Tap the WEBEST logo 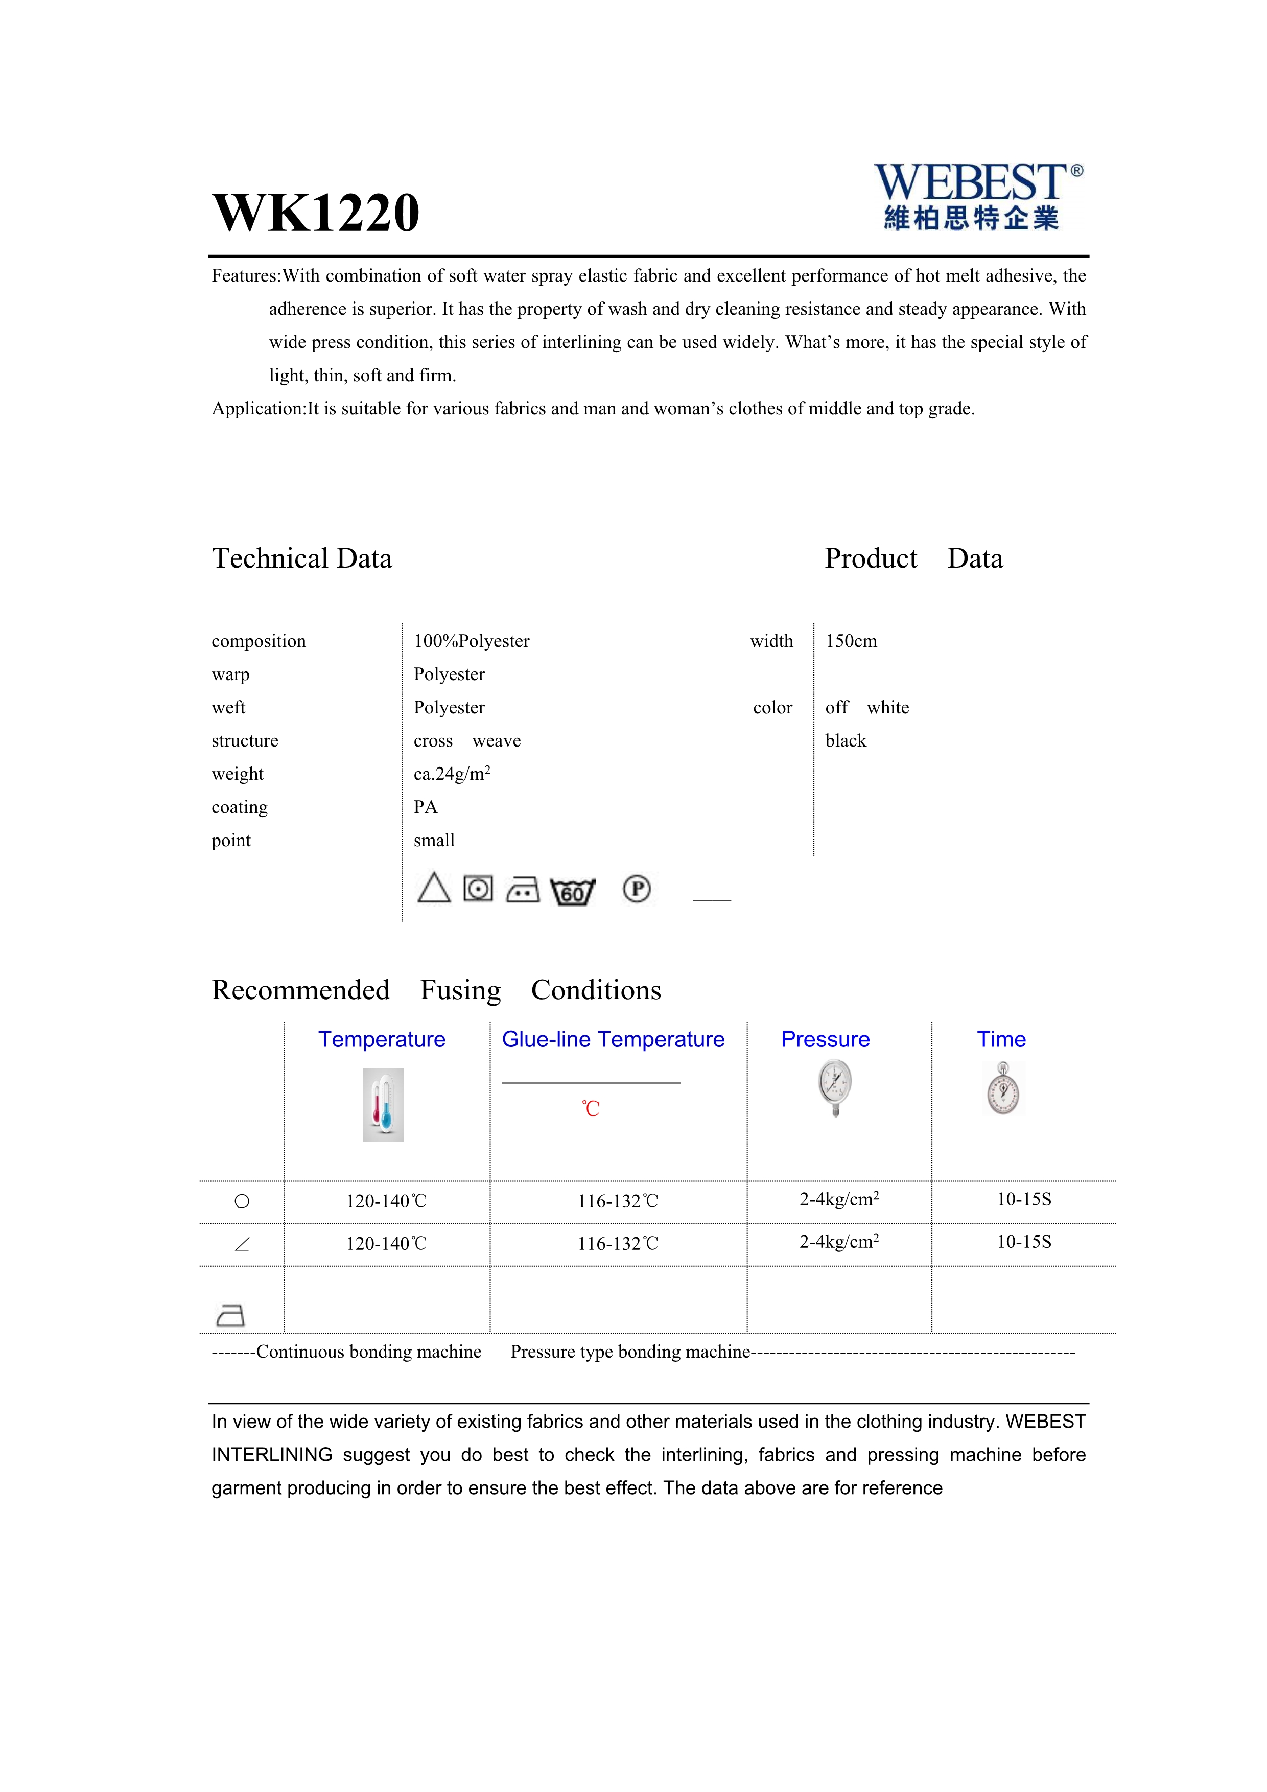[977, 196]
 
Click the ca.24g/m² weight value [452, 774]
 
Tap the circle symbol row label [242, 1201]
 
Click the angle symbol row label [242, 1244]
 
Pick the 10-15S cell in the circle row [1024, 1200]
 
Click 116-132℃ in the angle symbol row [618, 1244]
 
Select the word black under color [846, 741]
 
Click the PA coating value [425, 807]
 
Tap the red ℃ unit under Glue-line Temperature [591, 1108]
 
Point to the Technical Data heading [302, 559]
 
